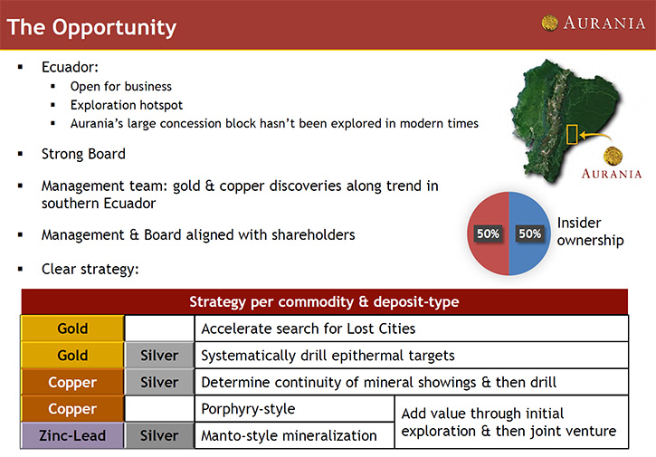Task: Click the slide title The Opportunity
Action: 91,28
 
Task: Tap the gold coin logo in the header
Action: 550,23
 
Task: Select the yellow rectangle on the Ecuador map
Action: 572,134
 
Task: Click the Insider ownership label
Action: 590,232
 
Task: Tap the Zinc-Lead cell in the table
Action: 72,435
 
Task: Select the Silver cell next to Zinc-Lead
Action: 159,435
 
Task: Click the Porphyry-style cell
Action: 295,408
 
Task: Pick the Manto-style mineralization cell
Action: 295,435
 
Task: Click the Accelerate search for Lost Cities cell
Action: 412,328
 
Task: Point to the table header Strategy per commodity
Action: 324,301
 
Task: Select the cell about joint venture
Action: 511,422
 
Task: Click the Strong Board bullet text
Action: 83,154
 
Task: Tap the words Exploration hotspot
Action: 127,105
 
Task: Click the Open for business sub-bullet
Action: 121,86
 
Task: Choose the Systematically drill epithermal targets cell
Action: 412,356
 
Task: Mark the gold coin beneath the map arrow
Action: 613,156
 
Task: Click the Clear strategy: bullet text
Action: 90,269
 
